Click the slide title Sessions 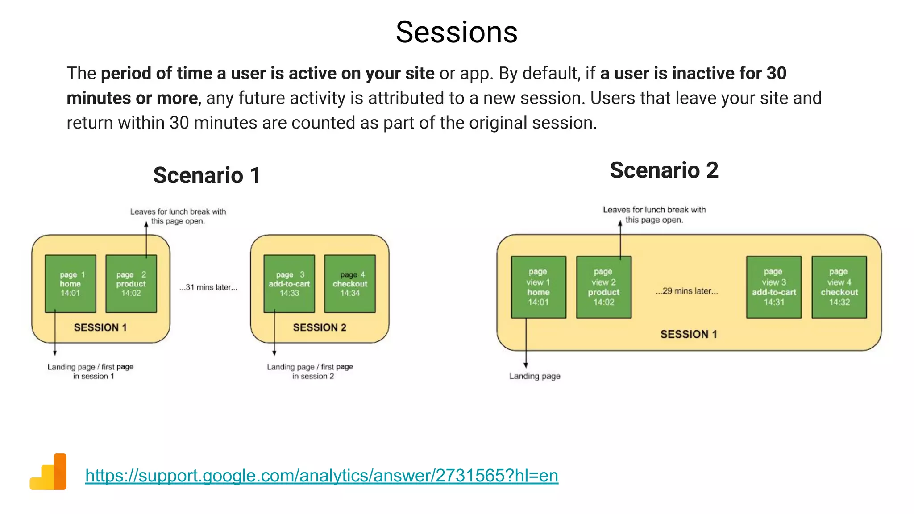[x=456, y=32]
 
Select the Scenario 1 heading [x=207, y=175]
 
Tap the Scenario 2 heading [x=664, y=170]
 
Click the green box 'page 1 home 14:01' [x=71, y=284]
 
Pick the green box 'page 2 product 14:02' [x=131, y=284]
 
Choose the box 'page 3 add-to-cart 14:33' [x=289, y=284]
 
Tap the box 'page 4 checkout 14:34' [x=350, y=284]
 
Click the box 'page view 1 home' [x=538, y=287]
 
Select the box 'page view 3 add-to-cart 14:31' [x=773, y=287]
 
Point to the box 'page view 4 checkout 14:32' [x=839, y=287]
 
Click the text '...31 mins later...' [x=208, y=287]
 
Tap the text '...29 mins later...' [x=687, y=291]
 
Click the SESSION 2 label [x=320, y=327]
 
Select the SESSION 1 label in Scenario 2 [x=689, y=334]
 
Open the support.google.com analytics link [x=321, y=476]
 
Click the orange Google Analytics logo [x=49, y=472]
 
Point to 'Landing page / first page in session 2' [x=310, y=371]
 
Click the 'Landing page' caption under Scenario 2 [x=535, y=376]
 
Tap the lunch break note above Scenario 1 [x=178, y=216]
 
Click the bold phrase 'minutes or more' [x=132, y=98]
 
